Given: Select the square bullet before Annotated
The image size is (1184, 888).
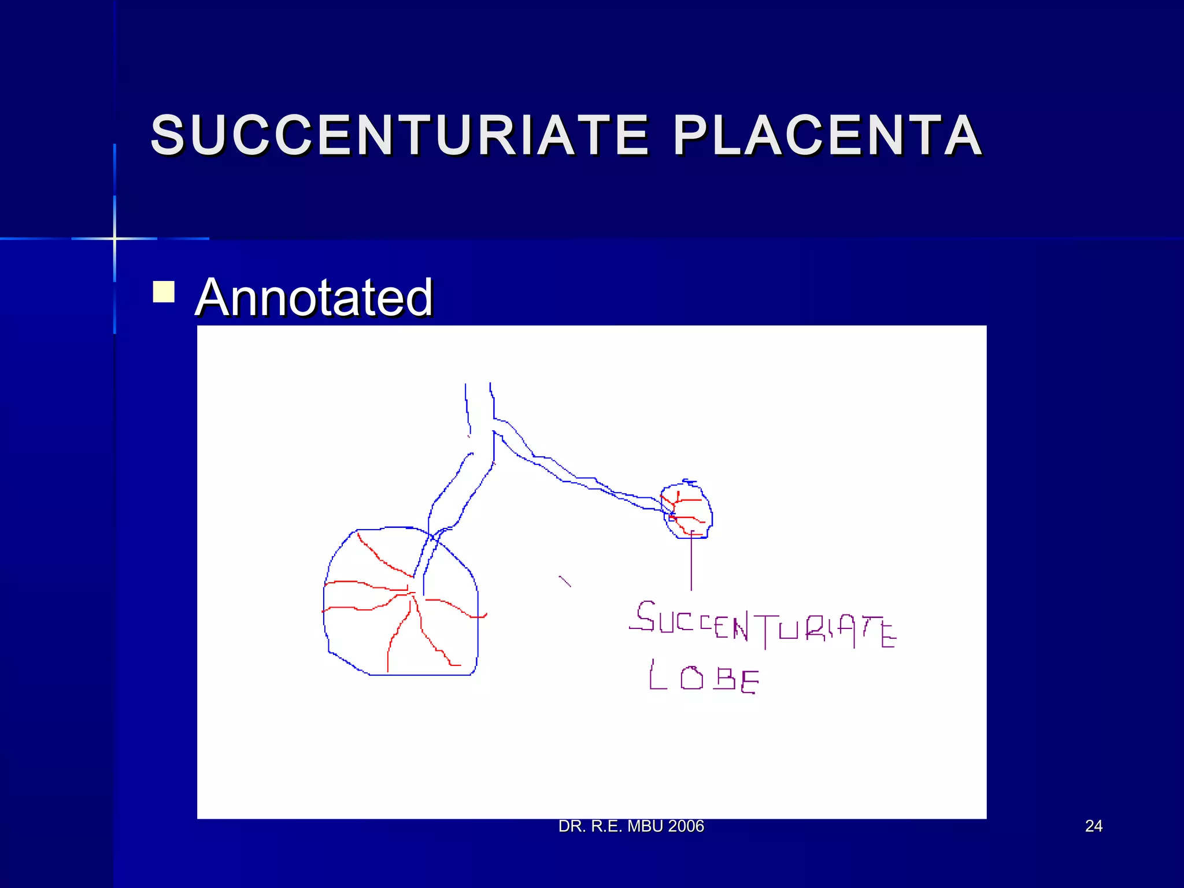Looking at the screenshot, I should coord(164,292).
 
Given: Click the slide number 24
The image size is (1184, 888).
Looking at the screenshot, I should coord(1093,826).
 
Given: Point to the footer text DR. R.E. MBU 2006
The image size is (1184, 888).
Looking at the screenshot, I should coord(631,826).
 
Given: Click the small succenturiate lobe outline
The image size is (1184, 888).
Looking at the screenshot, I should coord(687,510).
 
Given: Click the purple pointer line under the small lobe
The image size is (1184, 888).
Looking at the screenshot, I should coord(691,564).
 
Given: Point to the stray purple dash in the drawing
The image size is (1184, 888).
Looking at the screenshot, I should coord(565,581).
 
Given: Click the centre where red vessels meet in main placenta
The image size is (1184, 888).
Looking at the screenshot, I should coord(410,593).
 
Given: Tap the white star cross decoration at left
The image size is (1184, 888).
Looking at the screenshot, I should coord(114,238).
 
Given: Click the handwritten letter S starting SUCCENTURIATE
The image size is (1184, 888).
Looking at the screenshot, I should coord(645,616).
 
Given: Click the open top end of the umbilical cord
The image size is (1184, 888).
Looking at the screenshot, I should coord(478,386).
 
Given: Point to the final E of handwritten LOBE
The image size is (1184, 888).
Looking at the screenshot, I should coord(749,682).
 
